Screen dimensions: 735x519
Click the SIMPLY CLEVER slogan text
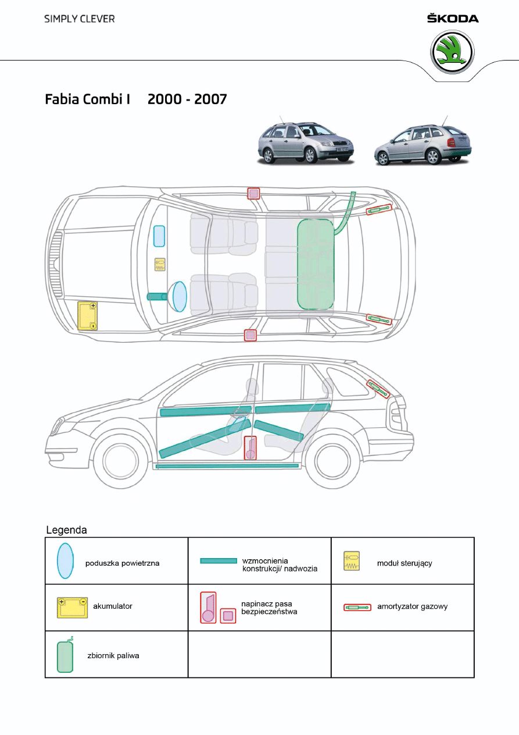click(x=80, y=19)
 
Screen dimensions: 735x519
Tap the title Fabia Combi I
click(x=87, y=99)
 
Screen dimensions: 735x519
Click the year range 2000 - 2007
click(x=187, y=99)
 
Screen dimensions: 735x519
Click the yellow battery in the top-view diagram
click(x=88, y=316)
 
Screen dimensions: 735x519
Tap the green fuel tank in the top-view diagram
click(x=316, y=263)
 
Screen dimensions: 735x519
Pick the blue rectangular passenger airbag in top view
click(x=159, y=237)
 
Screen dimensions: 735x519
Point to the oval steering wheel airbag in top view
click(x=179, y=296)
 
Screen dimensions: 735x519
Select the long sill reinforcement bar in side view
click(x=227, y=466)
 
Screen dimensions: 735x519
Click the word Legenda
click(x=67, y=530)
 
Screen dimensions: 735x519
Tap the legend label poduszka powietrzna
click(x=122, y=563)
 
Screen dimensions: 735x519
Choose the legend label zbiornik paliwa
click(x=113, y=655)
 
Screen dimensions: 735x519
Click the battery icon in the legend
click(x=72, y=607)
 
